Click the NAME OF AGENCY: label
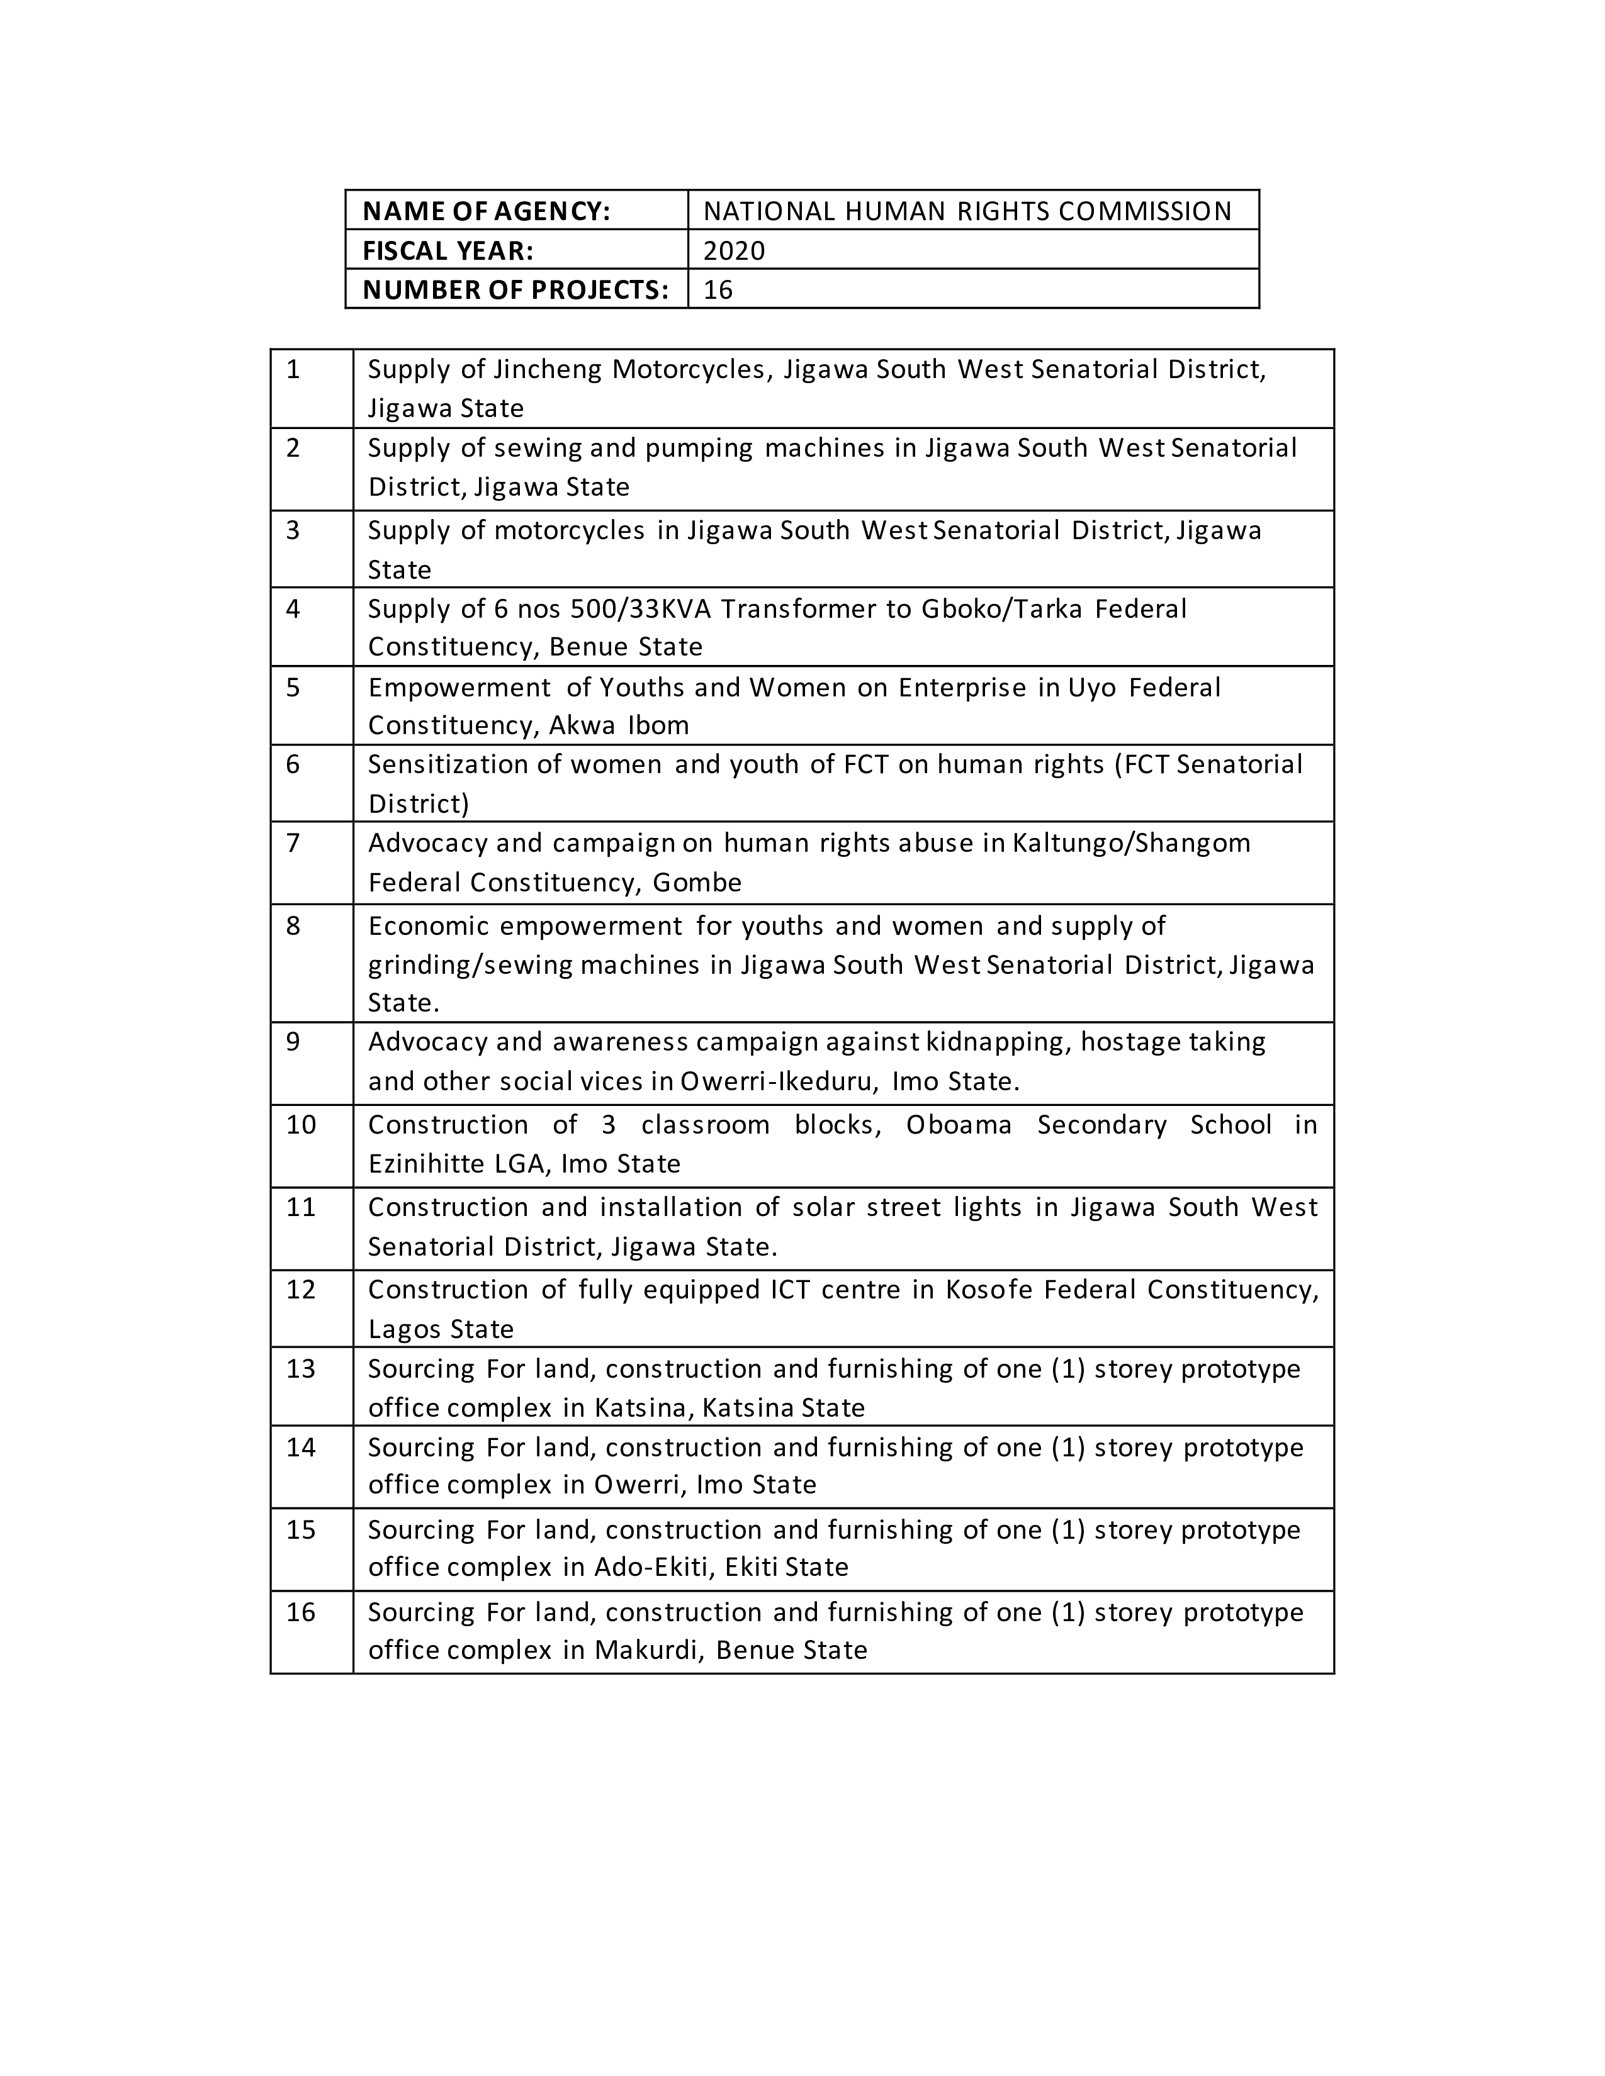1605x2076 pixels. click(486, 210)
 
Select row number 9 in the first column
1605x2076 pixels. click(293, 1042)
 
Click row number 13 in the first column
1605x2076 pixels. click(300, 1369)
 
